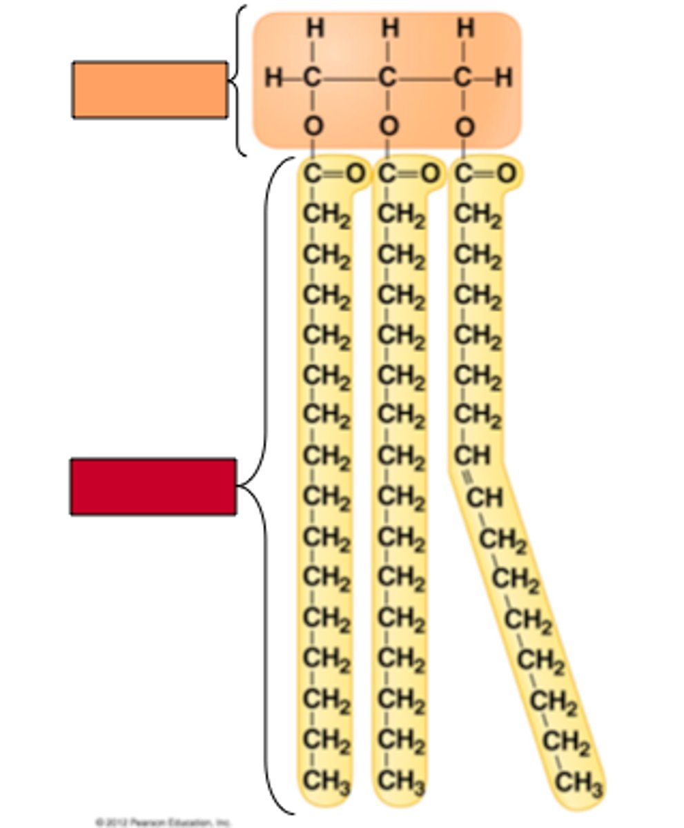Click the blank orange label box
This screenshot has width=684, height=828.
click(150, 90)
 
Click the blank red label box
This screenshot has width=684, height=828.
click(153, 486)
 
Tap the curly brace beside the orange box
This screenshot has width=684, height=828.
click(237, 81)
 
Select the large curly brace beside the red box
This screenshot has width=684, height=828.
click(265, 486)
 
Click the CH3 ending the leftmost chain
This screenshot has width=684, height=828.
click(326, 782)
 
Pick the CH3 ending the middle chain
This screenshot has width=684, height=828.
click(401, 782)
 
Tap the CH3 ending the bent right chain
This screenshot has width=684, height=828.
click(579, 784)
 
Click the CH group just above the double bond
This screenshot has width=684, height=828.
click(471, 456)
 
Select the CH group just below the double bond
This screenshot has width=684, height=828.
click(485, 497)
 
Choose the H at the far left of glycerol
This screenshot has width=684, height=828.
click(273, 78)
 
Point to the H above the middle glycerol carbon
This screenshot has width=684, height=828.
click(389, 29)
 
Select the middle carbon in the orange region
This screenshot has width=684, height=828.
click(389, 78)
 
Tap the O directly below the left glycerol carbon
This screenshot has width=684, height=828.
click(313, 127)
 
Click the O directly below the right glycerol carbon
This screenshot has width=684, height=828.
click(465, 127)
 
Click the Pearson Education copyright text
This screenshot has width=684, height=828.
click(163, 822)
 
